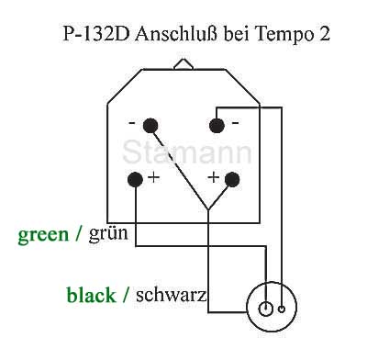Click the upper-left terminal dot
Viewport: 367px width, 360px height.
150,124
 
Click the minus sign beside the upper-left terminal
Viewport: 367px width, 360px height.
133,123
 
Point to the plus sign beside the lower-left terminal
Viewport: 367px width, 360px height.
152,177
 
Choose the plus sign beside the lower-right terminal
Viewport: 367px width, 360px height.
215,176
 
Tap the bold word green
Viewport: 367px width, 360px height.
43,234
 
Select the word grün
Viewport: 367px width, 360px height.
108,234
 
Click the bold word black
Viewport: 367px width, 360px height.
92,295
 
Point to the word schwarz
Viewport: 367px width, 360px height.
171,295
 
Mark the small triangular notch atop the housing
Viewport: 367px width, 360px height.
183,63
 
